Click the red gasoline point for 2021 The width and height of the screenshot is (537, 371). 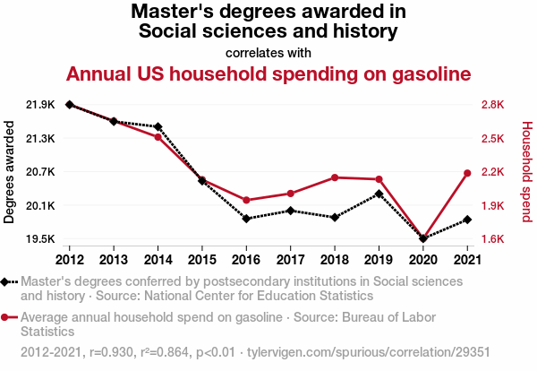[467, 173]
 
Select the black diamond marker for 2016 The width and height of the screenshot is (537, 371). [246, 218]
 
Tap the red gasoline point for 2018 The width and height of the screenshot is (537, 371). [335, 177]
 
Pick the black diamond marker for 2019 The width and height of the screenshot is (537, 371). [379, 194]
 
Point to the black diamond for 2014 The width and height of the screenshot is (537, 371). [158, 127]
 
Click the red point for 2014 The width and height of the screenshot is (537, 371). [158, 137]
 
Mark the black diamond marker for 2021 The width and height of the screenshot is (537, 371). [467, 220]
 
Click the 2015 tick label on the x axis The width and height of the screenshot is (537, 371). [202, 259]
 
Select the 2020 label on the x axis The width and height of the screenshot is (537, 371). [423, 259]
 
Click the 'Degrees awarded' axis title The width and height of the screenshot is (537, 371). [10, 172]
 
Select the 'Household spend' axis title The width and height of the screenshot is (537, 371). [527, 172]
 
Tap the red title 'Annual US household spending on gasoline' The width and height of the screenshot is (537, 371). [268, 73]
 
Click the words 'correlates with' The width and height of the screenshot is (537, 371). [268, 52]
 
